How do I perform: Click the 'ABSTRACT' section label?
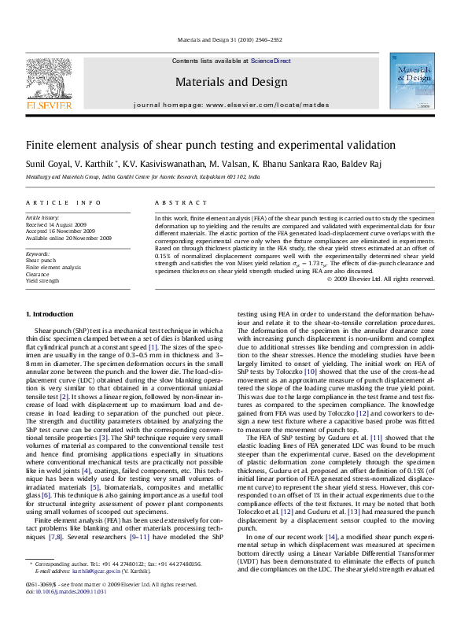pyautogui.click(x=174, y=203)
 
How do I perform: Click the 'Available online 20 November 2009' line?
pyautogui.click(x=68, y=238)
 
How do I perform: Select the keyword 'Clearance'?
pyautogui.click(x=39, y=274)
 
